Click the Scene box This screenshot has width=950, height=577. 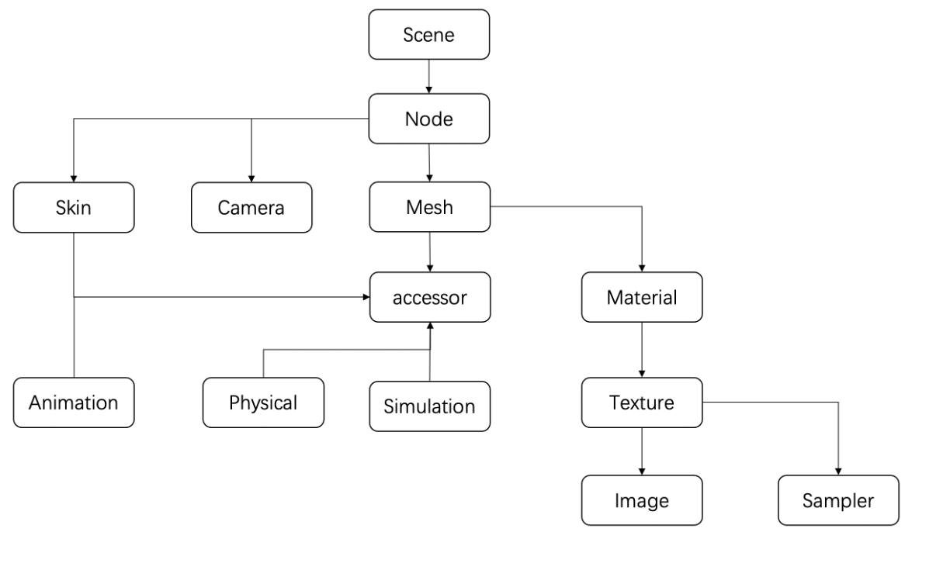tap(428, 35)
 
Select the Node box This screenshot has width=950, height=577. tap(428, 119)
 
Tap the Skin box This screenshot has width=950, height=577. tap(74, 207)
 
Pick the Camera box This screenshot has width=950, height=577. tap(251, 207)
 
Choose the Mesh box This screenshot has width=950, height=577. tap(428, 207)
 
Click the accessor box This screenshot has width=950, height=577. tap(428, 297)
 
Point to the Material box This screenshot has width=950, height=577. tap(642, 297)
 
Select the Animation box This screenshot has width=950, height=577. tap(74, 403)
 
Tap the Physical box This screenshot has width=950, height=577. tap(263, 403)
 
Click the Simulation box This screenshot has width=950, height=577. tap(429, 406)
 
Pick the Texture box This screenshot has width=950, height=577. tap(642, 403)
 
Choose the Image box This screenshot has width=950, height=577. tap(642, 500)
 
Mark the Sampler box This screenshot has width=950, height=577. tap(838, 500)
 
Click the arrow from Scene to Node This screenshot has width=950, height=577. tap(428, 77)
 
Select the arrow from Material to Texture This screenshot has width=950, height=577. tap(642, 350)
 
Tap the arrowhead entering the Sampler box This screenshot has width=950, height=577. tap(838, 472)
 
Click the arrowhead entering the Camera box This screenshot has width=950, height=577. tap(251, 178)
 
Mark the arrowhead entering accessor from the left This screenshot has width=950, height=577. tap(365, 296)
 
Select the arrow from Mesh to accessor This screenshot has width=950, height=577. tap(428, 251)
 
